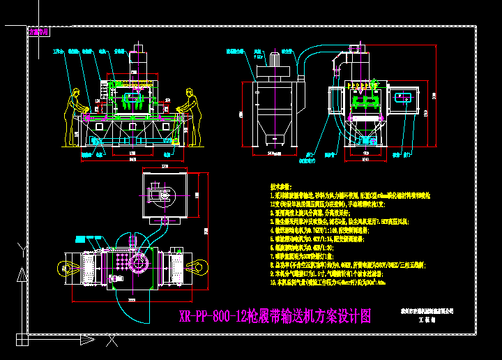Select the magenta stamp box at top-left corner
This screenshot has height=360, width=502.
(38, 31)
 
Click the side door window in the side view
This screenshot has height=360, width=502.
(404, 98)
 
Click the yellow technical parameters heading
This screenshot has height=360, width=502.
(280, 186)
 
